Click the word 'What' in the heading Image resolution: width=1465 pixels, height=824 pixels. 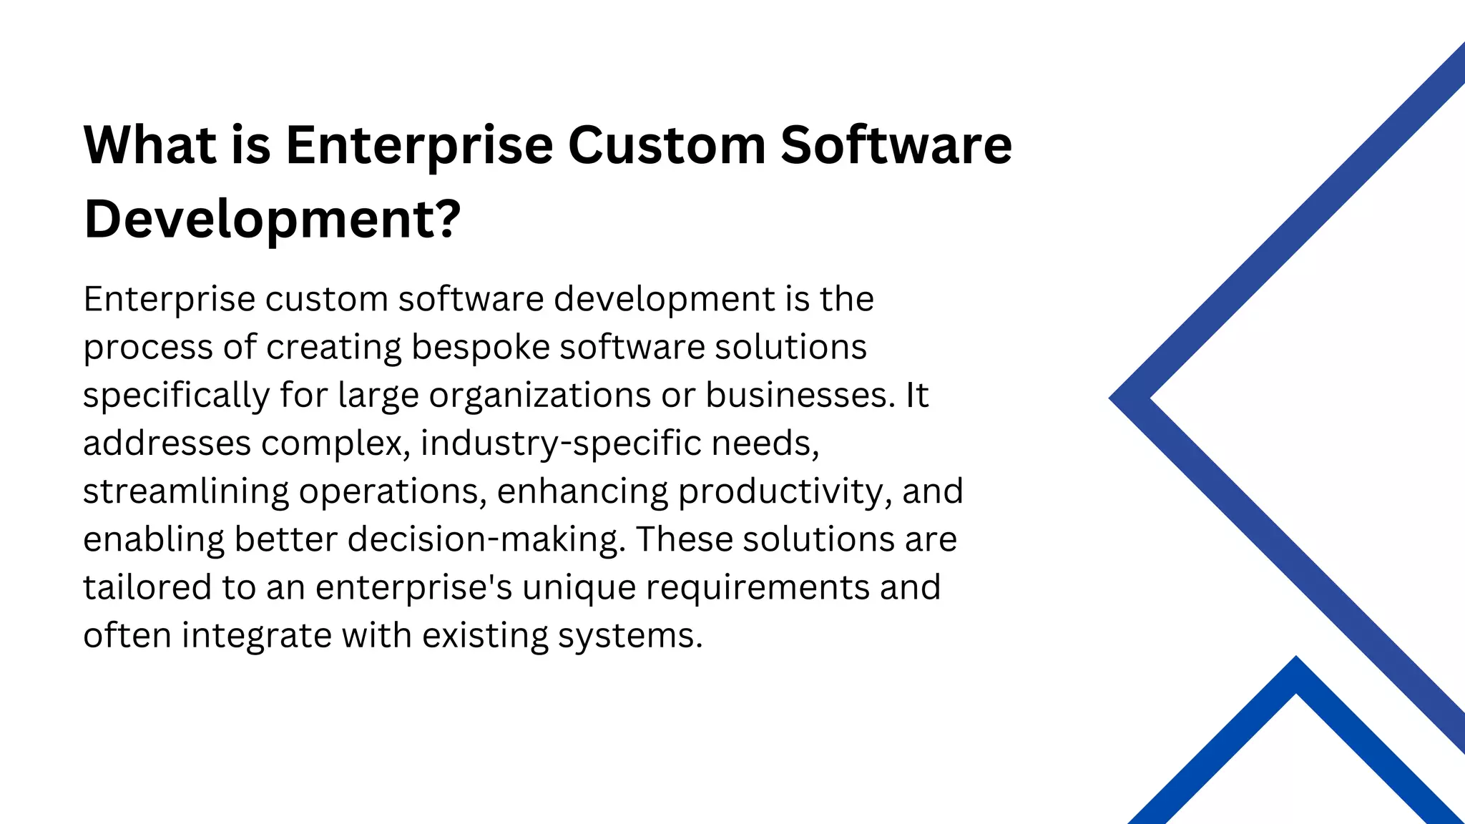click(x=150, y=145)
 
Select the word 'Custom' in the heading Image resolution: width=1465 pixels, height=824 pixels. click(x=667, y=145)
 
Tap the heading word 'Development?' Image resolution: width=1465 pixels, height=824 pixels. click(x=272, y=219)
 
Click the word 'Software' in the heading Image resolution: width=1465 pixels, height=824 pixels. click(x=896, y=145)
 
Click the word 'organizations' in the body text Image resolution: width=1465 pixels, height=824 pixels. click(x=539, y=396)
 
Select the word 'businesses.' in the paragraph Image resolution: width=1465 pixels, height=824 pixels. click(x=800, y=396)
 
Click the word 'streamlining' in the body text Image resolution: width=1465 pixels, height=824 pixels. click(x=185, y=491)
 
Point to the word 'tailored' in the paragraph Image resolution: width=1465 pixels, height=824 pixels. click(x=147, y=587)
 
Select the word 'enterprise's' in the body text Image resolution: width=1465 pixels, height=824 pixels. click(x=413, y=587)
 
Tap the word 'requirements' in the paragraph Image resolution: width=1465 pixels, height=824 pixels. click(x=758, y=587)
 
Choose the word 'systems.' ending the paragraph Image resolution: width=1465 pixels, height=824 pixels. click(x=630, y=635)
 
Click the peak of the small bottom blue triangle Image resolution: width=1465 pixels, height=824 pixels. click(x=1296, y=659)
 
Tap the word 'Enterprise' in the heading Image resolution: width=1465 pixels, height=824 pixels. click(x=419, y=145)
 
